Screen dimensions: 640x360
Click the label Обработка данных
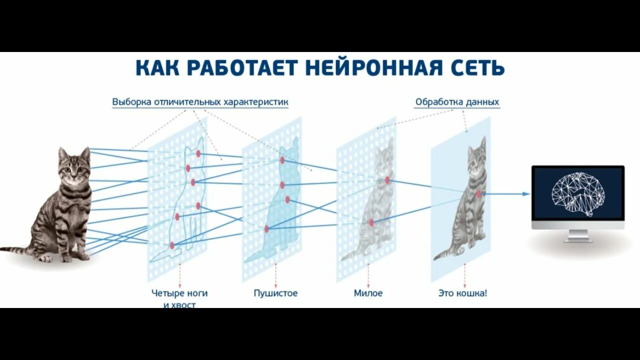(457, 102)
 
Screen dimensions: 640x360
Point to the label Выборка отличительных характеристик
(200, 102)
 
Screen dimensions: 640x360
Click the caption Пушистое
(275, 293)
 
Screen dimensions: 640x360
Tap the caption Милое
(368, 293)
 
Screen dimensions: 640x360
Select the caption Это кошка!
(462, 293)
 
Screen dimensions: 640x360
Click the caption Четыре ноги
(179, 293)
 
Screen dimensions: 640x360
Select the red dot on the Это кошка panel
(479, 193)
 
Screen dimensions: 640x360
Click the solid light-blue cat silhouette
(280, 210)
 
